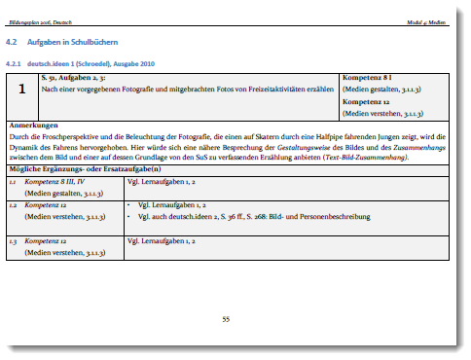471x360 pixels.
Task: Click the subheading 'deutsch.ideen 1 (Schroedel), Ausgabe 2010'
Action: [82, 63]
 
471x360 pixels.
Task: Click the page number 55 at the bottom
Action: [226, 318]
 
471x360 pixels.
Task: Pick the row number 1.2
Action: [13, 206]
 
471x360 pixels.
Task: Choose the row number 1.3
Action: [13, 240]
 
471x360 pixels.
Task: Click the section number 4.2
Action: [14, 44]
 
